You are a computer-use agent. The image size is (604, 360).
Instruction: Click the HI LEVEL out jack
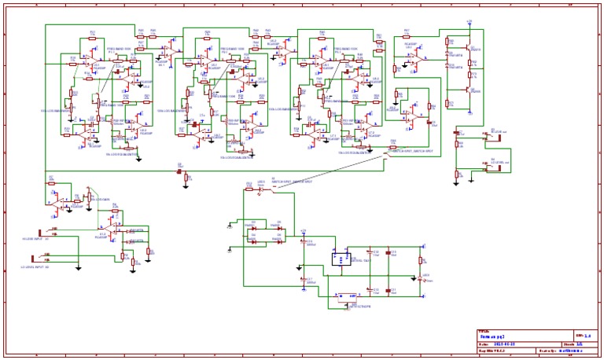click(494, 137)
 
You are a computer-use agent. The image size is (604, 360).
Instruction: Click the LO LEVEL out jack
click(494, 167)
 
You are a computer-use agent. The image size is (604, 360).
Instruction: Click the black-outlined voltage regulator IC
click(342, 259)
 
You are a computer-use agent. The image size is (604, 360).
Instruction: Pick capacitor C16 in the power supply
click(304, 243)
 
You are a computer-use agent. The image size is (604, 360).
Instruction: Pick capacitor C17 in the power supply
click(304, 281)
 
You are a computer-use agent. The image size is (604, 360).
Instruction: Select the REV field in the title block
click(587, 336)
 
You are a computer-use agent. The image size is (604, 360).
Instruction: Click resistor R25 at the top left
click(142, 34)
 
